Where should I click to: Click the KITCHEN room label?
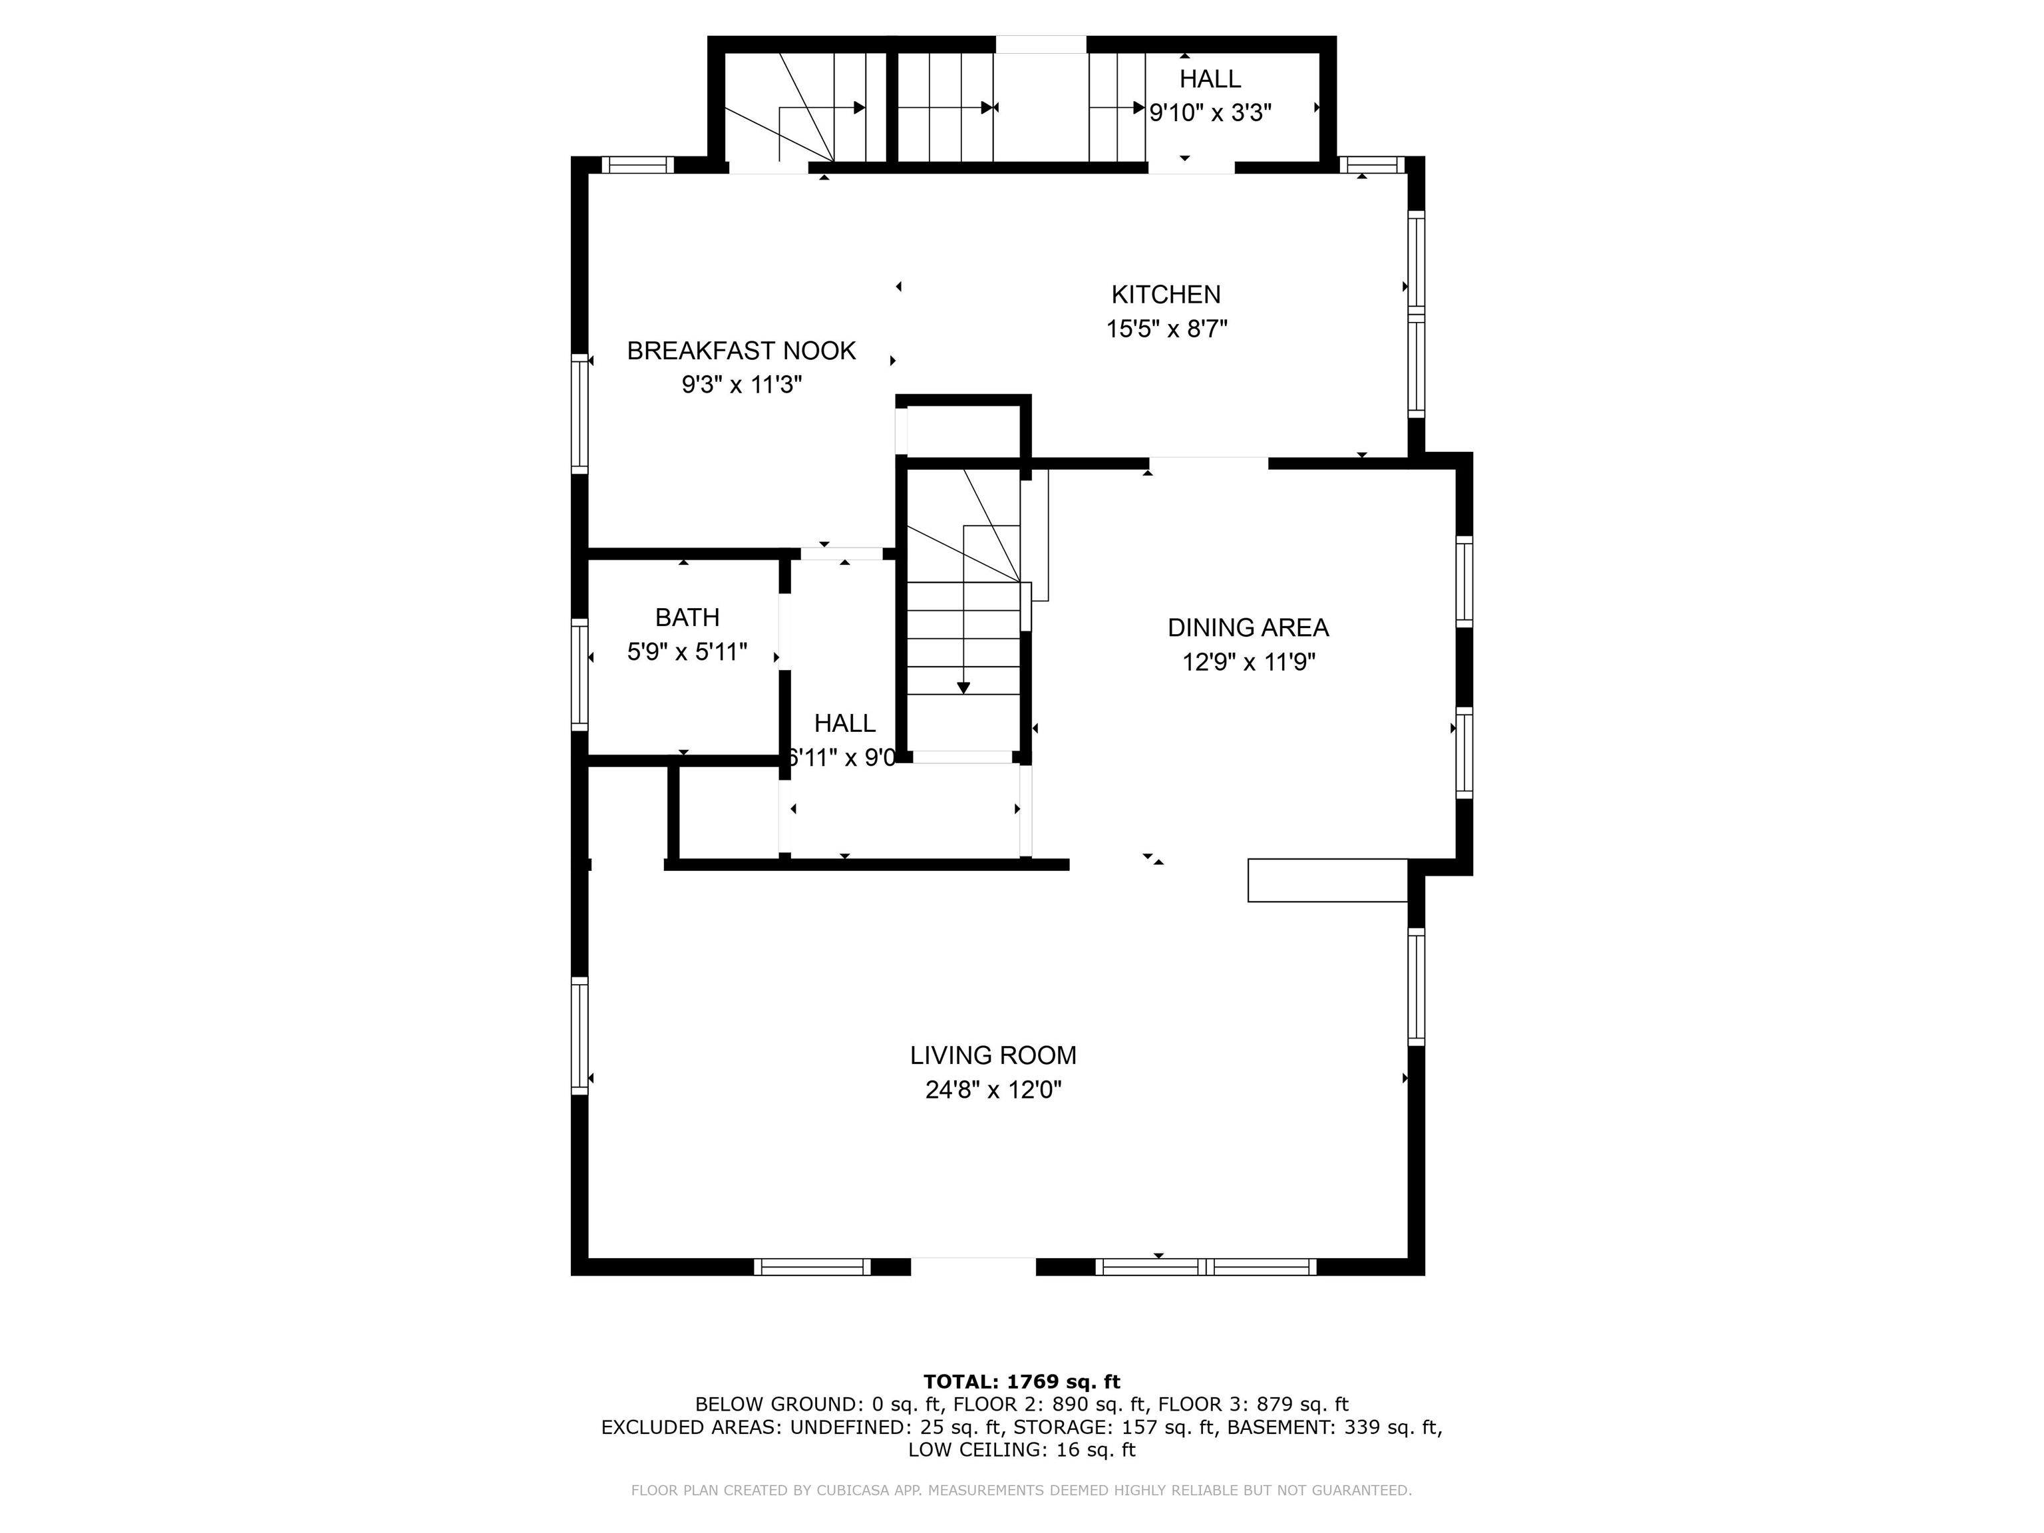pyautogui.click(x=1165, y=295)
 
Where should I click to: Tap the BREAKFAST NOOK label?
pyautogui.click(x=741, y=351)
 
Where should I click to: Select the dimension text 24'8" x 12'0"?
pyautogui.click(x=993, y=1091)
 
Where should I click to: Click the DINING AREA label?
pyautogui.click(x=1248, y=628)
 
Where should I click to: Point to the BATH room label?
pyautogui.click(x=687, y=617)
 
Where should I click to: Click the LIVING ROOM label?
pyautogui.click(x=993, y=1055)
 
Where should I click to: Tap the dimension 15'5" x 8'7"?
pyautogui.click(x=1166, y=329)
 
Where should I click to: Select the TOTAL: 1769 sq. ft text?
pyautogui.click(x=1021, y=1381)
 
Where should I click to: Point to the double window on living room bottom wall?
pyautogui.click(x=1205, y=1267)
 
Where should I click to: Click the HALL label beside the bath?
pyautogui.click(x=844, y=723)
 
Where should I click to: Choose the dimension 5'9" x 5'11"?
pyautogui.click(x=687, y=652)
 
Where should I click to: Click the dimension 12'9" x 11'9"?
pyautogui.click(x=1248, y=663)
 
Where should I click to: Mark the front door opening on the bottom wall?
pyautogui.click(x=973, y=1266)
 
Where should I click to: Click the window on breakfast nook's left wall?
pyautogui.click(x=580, y=413)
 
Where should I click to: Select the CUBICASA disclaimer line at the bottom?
pyautogui.click(x=1021, y=1490)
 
